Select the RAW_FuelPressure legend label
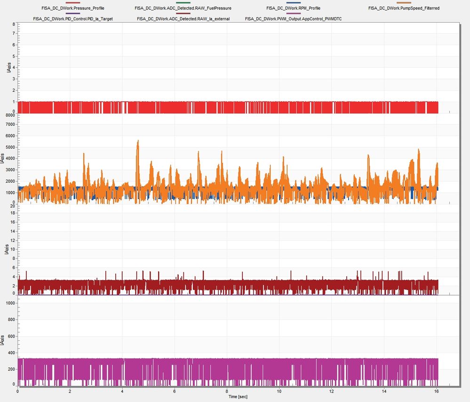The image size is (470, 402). click(183, 8)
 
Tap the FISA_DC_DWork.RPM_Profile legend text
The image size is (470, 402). click(293, 8)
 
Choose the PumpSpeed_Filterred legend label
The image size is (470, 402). click(404, 8)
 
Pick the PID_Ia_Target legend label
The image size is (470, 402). click(73, 19)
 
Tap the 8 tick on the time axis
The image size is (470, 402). click(227, 391)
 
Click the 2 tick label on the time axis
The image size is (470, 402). click(70, 391)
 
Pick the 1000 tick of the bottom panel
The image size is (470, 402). click(9, 303)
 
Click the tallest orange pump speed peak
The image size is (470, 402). click(138, 141)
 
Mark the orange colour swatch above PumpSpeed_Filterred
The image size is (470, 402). click(404, 3)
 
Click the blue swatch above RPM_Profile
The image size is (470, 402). click(293, 3)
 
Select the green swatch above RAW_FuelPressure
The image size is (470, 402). click(183, 3)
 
